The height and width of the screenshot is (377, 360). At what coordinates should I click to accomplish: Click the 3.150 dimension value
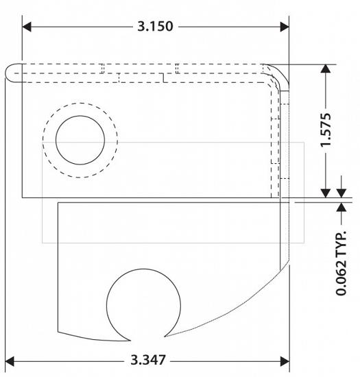[x=155, y=27]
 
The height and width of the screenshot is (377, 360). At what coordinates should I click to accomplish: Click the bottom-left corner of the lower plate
[x=59, y=331]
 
